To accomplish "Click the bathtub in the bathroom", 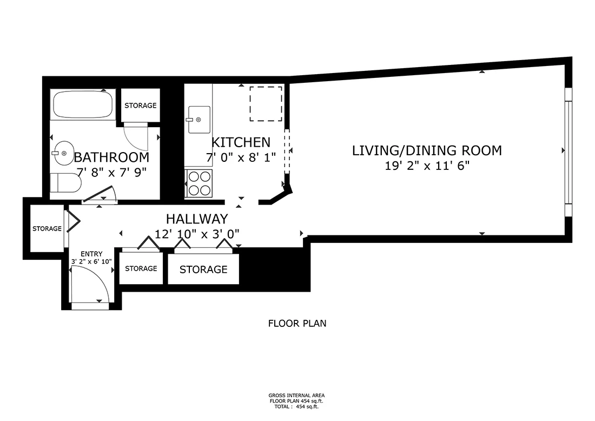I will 82,104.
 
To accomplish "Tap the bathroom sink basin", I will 63,154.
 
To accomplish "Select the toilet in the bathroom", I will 65,183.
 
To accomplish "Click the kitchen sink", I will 199,119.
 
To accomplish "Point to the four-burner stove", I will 199,183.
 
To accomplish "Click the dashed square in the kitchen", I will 266,103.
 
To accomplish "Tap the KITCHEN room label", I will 241,142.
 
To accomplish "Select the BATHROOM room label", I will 111,157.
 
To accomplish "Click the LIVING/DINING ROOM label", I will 427,150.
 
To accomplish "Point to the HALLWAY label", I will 197,219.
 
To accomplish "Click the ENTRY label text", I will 91,254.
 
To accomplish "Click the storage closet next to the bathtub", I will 140,106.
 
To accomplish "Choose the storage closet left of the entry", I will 47,229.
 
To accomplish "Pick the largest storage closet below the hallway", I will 203,269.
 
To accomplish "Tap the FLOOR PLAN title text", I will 297,324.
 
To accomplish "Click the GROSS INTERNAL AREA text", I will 297,396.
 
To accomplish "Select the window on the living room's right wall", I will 567,151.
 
